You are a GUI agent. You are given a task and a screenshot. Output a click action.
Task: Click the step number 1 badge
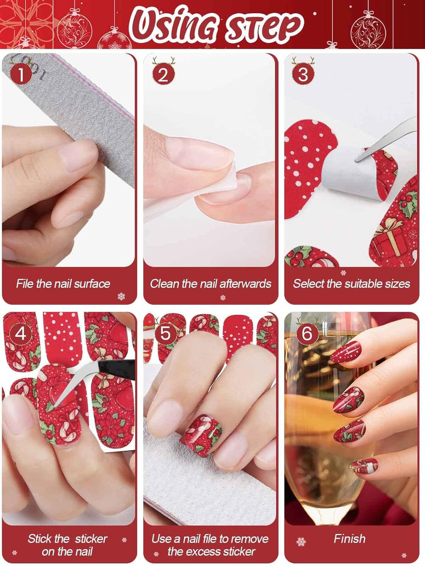pos(21,75)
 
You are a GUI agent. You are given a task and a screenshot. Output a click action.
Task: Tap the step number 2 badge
pos(163,75)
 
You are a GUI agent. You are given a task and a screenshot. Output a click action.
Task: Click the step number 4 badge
pos(21,333)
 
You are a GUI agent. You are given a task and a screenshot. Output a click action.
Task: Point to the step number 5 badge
pos(165,333)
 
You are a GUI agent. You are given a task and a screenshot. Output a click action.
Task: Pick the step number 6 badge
pos(307,333)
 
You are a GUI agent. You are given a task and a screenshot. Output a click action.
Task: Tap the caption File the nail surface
pos(63,284)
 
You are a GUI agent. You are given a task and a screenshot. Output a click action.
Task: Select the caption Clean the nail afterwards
pos(210,284)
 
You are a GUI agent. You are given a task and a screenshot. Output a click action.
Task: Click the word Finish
pos(349,539)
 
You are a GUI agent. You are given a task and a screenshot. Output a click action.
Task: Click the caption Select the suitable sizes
pos(351,284)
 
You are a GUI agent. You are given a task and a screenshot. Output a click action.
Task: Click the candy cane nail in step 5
pos(203,435)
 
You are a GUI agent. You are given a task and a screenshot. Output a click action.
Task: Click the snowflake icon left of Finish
pos(301,542)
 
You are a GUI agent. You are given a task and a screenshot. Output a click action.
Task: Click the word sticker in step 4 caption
pos(91,539)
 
